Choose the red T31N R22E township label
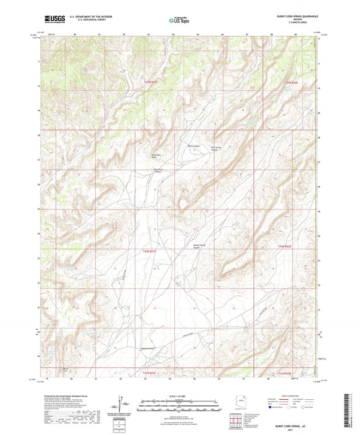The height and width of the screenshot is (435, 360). (288, 373)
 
